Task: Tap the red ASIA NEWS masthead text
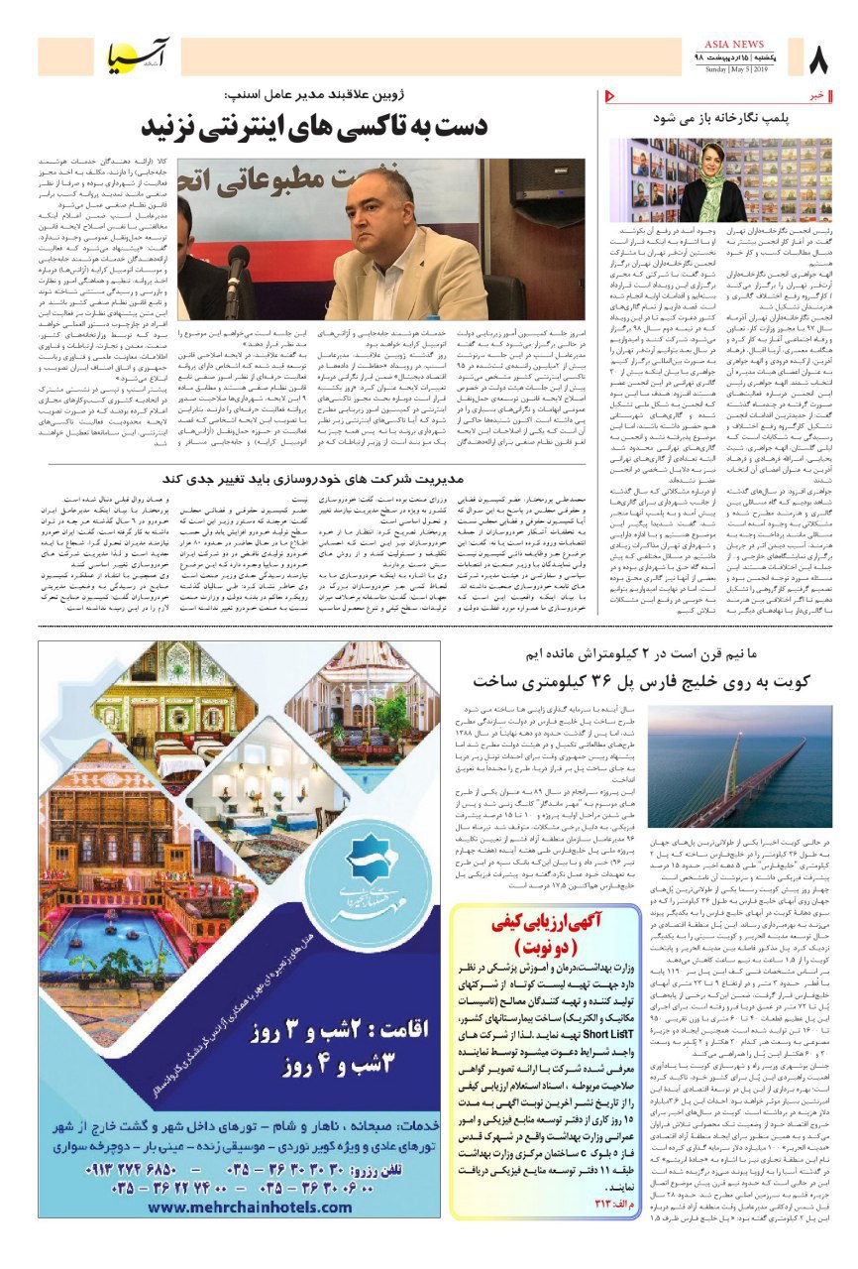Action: [x=734, y=45]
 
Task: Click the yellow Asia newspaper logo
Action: [x=138, y=60]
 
